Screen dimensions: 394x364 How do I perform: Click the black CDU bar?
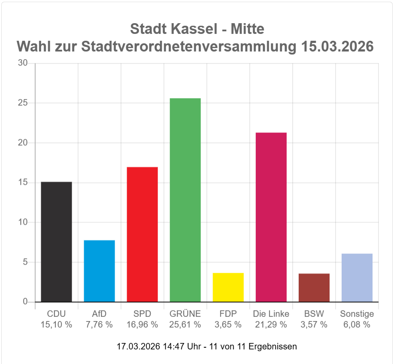coord(57,241)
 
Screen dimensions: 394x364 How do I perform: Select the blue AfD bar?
coord(99,271)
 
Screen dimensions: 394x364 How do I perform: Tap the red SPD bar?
coord(142,234)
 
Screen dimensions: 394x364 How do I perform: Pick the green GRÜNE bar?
coord(185,200)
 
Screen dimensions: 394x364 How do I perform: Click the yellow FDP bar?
coord(228,287)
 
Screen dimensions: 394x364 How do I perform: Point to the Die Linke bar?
coord(271,217)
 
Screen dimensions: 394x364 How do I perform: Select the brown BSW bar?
coord(314,288)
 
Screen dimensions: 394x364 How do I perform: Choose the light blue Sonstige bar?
coord(357,278)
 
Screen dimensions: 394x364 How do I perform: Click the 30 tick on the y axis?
coord(23,63)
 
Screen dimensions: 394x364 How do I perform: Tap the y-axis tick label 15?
coord(23,182)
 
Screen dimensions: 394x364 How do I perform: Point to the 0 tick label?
coord(25,301)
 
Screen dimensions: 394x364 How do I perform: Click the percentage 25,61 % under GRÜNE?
coord(185,325)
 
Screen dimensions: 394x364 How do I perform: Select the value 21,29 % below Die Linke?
coord(271,325)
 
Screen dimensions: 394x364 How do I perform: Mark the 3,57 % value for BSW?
coord(314,325)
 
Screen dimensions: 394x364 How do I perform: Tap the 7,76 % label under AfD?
coord(99,325)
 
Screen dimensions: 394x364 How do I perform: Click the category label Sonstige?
coord(357,314)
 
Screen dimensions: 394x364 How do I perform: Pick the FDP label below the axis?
coord(228,314)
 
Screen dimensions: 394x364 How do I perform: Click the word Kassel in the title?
coord(195,29)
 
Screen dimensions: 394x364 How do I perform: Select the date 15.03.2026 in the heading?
coord(337,46)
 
